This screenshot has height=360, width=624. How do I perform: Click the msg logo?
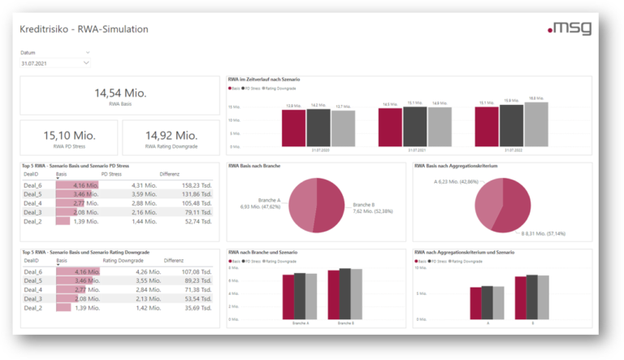pyautogui.click(x=570, y=28)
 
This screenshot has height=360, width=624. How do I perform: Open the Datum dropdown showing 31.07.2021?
pyautogui.click(x=54, y=63)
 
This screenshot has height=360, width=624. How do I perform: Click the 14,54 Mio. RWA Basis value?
pyautogui.click(x=119, y=93)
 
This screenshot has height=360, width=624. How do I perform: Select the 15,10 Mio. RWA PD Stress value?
pyautogui.click(x=69, y=135)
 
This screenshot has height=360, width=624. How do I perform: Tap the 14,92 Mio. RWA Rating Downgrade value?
pyautogui.click(x=171, y=135)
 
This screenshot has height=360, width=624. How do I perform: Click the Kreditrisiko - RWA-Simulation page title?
pyautogui.click(x=84, y=28)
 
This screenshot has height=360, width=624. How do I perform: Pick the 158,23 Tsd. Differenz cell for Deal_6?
pyautogui.click(x=192, y=184)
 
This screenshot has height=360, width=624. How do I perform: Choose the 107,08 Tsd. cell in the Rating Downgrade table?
pyautogui.click(x=192, y=272)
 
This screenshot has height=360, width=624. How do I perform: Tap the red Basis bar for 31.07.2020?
pyautogui.click(x=293, y=127)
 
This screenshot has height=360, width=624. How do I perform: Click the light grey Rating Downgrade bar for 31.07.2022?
pyautogui.click(x=535, y=123)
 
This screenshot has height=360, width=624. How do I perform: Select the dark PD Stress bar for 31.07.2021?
pyautogui.click(x=415, y=125)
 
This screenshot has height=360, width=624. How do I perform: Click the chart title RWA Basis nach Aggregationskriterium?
pyautogui.click(x=457, y=166)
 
